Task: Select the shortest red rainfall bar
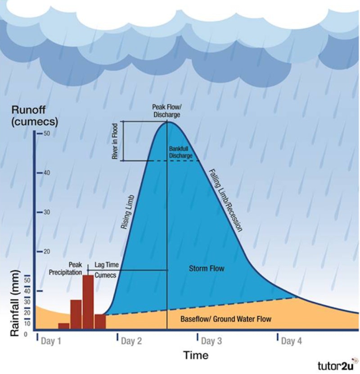pos(64,325)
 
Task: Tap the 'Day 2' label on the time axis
pos(131,341)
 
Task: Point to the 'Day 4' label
pos(291,341)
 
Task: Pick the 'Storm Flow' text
pos(207,269)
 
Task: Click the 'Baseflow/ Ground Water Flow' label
pos(226,319)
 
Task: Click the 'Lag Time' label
pos(105,265)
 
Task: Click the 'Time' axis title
pos(196,355)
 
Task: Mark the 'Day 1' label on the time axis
pos(50,341)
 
